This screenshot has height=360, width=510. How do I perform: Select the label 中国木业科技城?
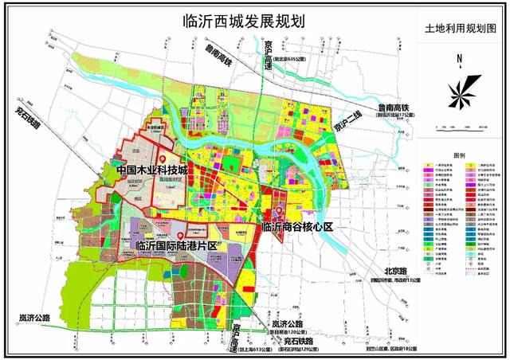152,170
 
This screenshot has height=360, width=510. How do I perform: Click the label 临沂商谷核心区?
296,228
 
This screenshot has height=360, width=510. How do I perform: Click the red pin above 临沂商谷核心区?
279,212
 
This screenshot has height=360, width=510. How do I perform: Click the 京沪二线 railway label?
347,127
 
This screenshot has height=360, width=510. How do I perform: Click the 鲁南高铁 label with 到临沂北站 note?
393,108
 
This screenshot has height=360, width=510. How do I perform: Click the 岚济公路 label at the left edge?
34,317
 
